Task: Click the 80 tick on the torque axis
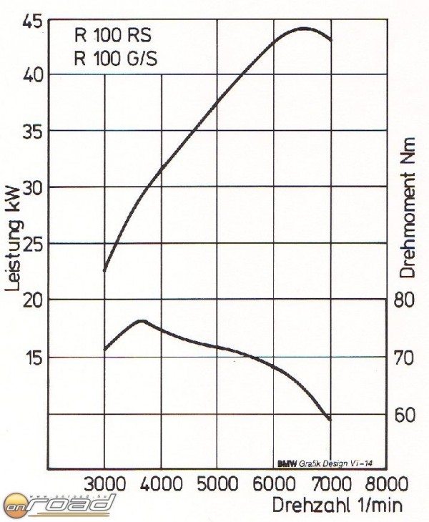coord(405,300)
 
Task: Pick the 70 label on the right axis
coord(405,357)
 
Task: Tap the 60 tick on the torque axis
coord(405,414)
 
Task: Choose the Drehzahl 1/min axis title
coord(337,505)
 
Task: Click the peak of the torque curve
coord(141,321)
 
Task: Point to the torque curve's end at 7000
coord(330,420)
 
